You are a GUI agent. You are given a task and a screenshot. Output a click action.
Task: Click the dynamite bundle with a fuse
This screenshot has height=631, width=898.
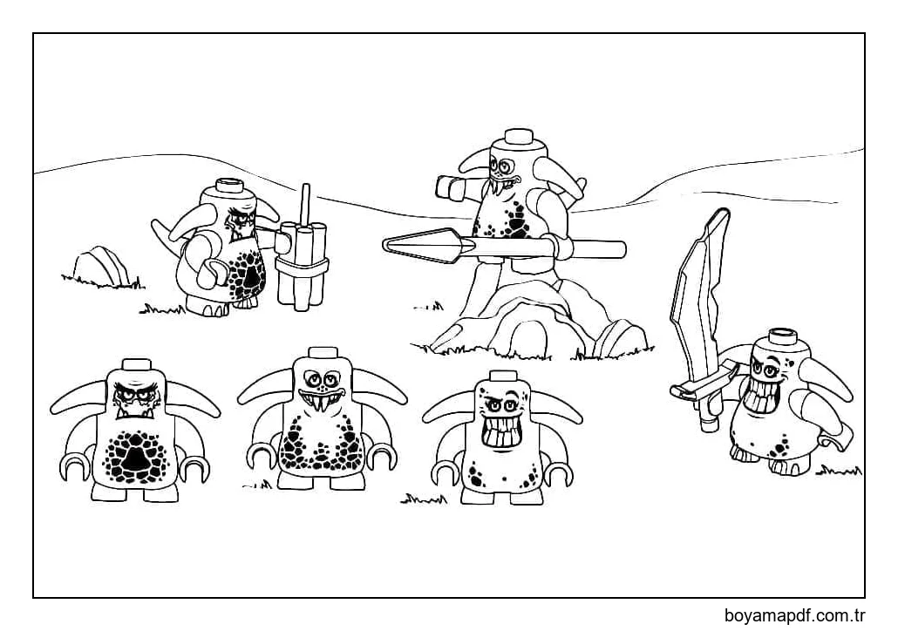302,263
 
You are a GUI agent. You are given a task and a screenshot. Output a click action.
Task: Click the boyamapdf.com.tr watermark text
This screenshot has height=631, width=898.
794,616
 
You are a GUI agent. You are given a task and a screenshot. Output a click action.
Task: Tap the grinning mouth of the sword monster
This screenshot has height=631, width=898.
757,397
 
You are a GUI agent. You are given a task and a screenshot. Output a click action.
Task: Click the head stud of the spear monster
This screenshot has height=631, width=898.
518,136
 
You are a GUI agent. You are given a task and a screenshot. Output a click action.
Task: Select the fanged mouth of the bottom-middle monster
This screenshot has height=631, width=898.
322,399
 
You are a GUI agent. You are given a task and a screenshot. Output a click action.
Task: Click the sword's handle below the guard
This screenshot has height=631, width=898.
707,411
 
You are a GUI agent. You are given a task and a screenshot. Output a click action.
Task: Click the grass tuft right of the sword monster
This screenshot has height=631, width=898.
839,472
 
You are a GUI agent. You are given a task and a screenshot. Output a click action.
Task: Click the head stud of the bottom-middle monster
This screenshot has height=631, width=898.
323,355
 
